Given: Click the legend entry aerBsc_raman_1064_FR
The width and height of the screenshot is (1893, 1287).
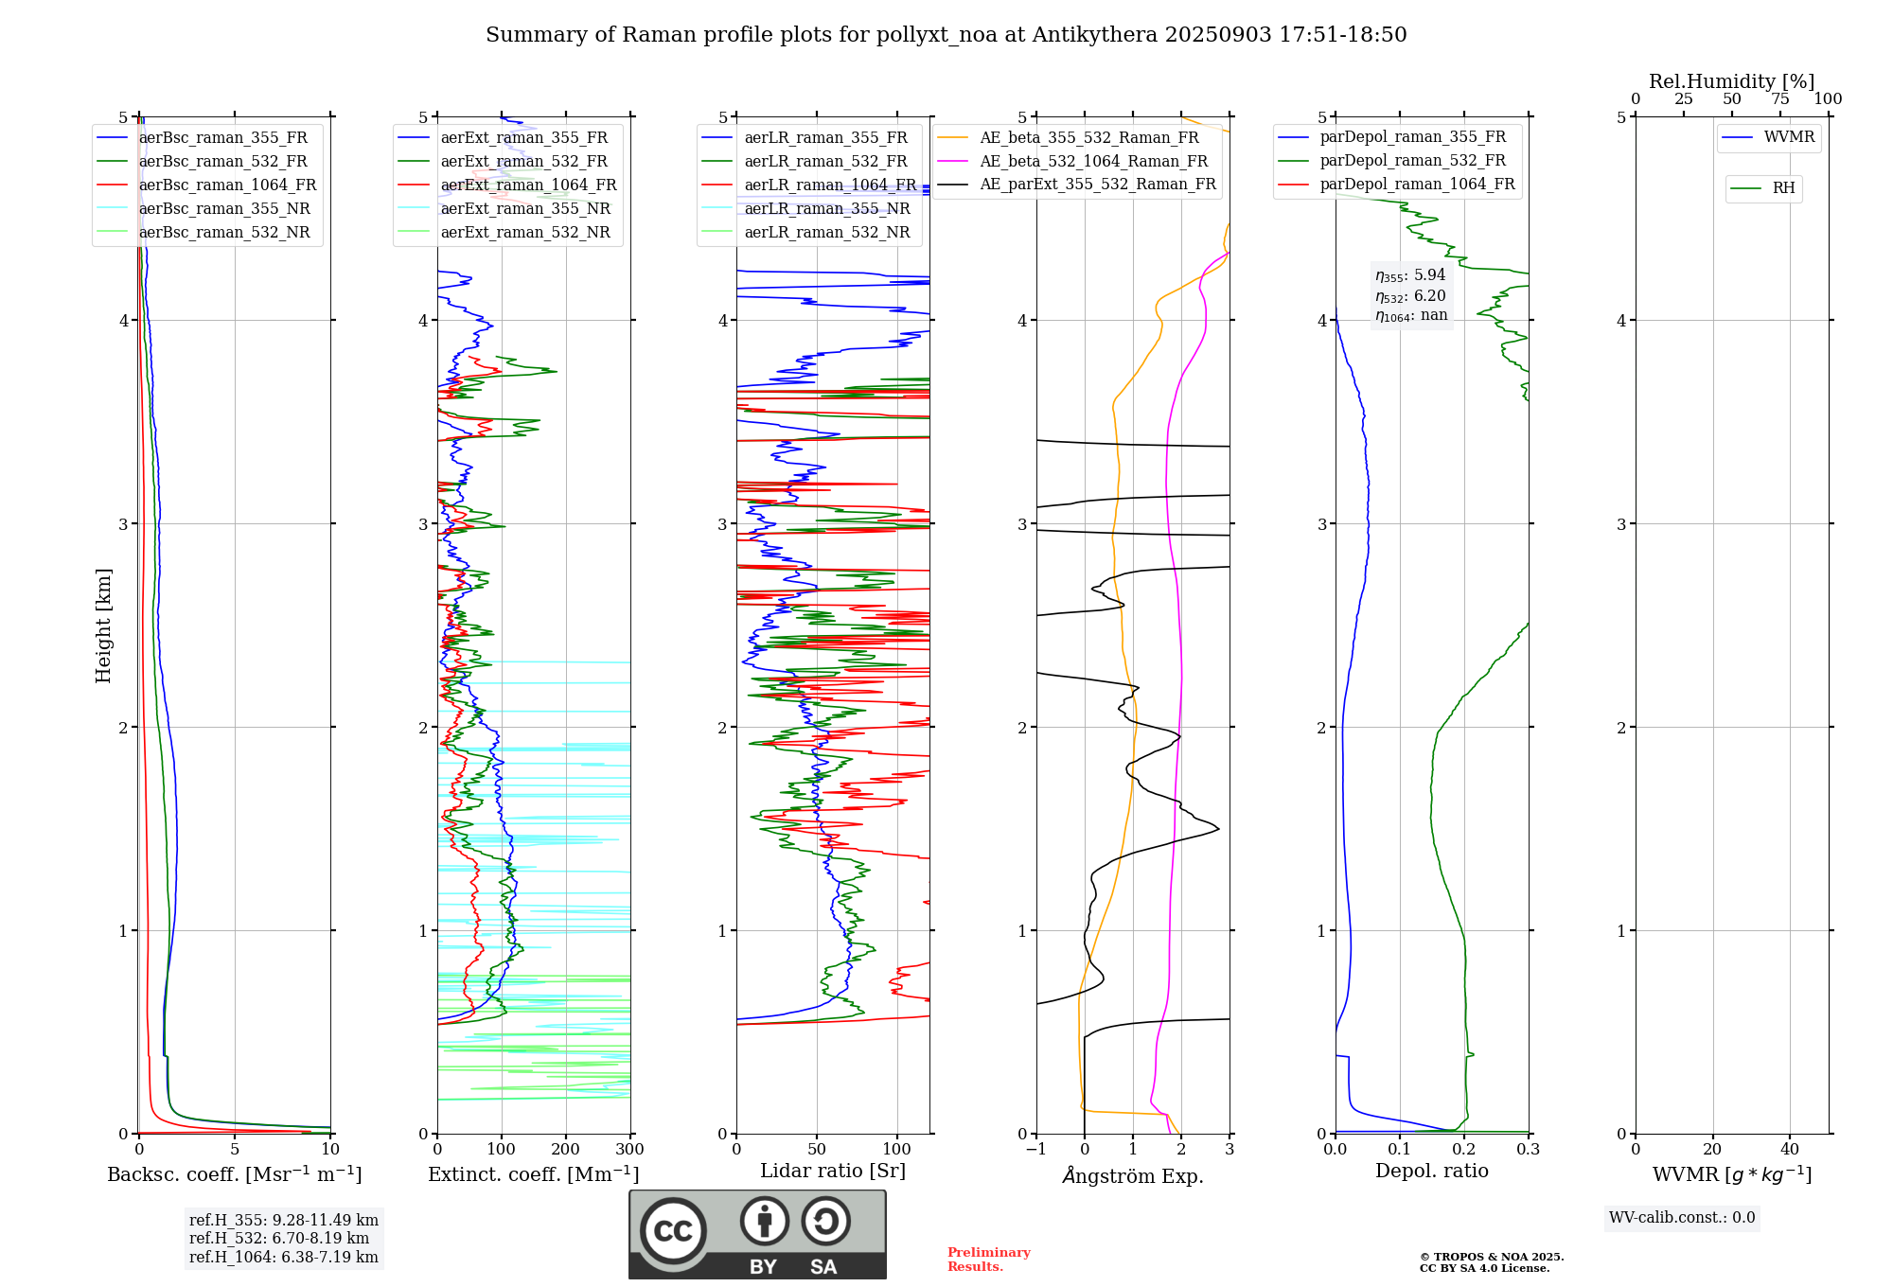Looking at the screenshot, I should pos(227,185).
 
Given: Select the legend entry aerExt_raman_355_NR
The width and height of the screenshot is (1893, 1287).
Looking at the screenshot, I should pos(525,209).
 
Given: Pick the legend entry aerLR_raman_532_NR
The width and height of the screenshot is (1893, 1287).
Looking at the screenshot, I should pos(826,233).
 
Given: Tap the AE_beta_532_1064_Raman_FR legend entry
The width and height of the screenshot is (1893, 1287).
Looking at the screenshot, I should pos(1093,162).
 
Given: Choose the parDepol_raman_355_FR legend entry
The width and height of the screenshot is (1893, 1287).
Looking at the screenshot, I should pos(1412,137).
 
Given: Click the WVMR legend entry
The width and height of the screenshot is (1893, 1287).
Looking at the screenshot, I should pos(1789,137).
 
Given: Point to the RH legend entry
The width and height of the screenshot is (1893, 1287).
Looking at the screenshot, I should pos(1783,188).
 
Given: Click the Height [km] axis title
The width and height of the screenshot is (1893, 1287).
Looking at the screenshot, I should pos(103,626).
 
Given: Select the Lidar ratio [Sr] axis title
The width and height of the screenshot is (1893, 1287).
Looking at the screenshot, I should pos(833,1172).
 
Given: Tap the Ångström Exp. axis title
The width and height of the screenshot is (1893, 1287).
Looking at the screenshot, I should pos(1133,1176).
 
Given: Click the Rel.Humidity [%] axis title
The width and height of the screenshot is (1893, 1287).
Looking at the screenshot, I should pos(1731,81).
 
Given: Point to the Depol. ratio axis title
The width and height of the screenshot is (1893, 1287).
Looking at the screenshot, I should pos(1431,1172).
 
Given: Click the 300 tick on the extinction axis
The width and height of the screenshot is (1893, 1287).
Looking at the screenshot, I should pos(629,1150).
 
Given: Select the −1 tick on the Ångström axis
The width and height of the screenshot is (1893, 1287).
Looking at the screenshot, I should pos(1035,1150).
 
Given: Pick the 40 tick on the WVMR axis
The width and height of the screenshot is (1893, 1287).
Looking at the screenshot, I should pos(1789,1150).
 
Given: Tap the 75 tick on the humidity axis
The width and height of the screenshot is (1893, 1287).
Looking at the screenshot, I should pos(1779,99).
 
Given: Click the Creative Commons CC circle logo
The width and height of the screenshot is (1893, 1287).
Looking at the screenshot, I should pos(673,1231).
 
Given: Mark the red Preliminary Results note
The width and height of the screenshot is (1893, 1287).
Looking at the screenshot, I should pos(988,1260).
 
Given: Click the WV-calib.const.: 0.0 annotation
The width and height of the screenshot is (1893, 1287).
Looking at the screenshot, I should pos(1682,1218).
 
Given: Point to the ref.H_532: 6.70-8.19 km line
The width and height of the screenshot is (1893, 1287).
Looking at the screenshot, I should pos(279,1239).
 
